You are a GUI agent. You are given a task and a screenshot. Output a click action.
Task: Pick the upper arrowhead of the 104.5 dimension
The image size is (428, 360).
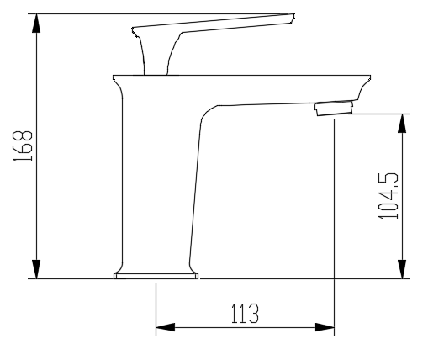tap(403, 125)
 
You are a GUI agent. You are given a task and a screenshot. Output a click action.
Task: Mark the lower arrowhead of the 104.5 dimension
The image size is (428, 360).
tap(403, 268)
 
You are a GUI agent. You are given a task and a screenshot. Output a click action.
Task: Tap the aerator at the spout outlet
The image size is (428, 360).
tap(332, 109)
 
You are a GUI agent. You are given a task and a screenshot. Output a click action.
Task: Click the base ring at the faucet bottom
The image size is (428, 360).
tap(156, 274)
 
